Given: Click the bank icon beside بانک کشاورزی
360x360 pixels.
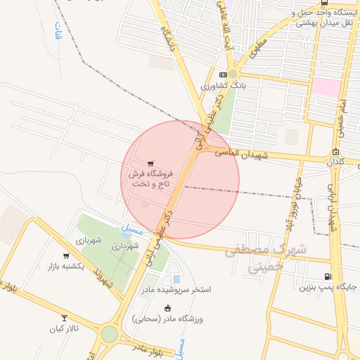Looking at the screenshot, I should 223,74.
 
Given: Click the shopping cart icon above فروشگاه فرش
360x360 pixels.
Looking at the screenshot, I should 150,163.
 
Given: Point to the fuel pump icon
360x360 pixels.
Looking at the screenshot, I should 327,276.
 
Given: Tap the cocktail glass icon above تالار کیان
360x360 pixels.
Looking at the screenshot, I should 65,318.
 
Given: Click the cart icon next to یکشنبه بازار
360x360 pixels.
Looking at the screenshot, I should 66,256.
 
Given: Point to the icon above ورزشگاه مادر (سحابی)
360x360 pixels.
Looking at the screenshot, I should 167,308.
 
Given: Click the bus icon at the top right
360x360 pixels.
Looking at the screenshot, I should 323,3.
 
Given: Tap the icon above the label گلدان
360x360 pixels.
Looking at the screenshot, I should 336,152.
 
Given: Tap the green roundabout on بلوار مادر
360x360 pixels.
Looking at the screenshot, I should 109,333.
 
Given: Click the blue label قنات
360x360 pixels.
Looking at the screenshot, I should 58,32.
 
